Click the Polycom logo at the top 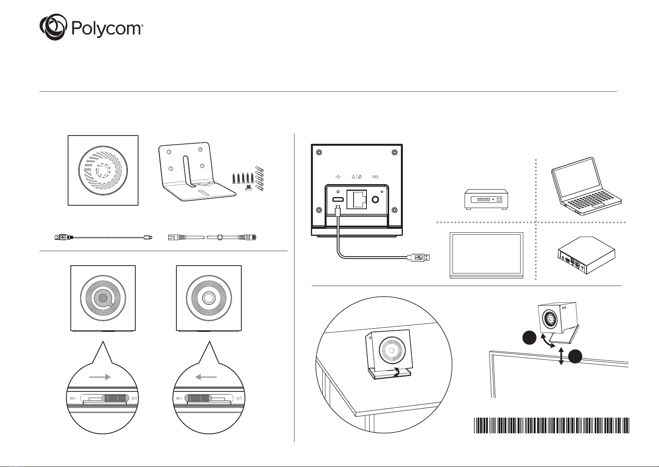92,27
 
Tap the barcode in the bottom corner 551,425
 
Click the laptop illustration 586,186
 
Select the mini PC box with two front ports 486,199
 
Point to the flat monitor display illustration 486,255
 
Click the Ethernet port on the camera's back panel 357,199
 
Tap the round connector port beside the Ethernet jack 375,199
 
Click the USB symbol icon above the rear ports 338,177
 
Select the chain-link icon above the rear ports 375,177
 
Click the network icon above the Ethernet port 357,177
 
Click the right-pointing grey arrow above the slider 100,377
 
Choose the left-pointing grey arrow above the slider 206,377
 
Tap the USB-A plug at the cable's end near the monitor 418,257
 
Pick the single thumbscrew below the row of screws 249,188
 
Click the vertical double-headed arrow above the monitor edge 561,356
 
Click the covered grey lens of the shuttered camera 103,298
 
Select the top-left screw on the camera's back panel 319,152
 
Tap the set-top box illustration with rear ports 586,255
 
